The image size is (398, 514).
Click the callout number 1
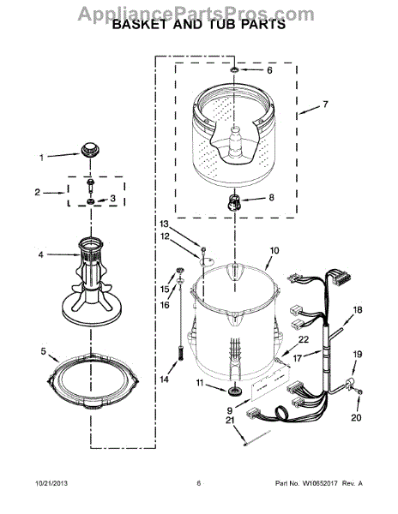click(40, 157)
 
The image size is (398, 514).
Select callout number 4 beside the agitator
click(40, 254)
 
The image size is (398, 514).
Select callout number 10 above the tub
click(274, 251)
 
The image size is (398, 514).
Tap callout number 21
click(229, 420)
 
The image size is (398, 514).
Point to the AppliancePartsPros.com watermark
click(199, 10)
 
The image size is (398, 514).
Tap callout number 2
click(36, 193)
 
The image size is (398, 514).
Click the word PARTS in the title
click(259, 25)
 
